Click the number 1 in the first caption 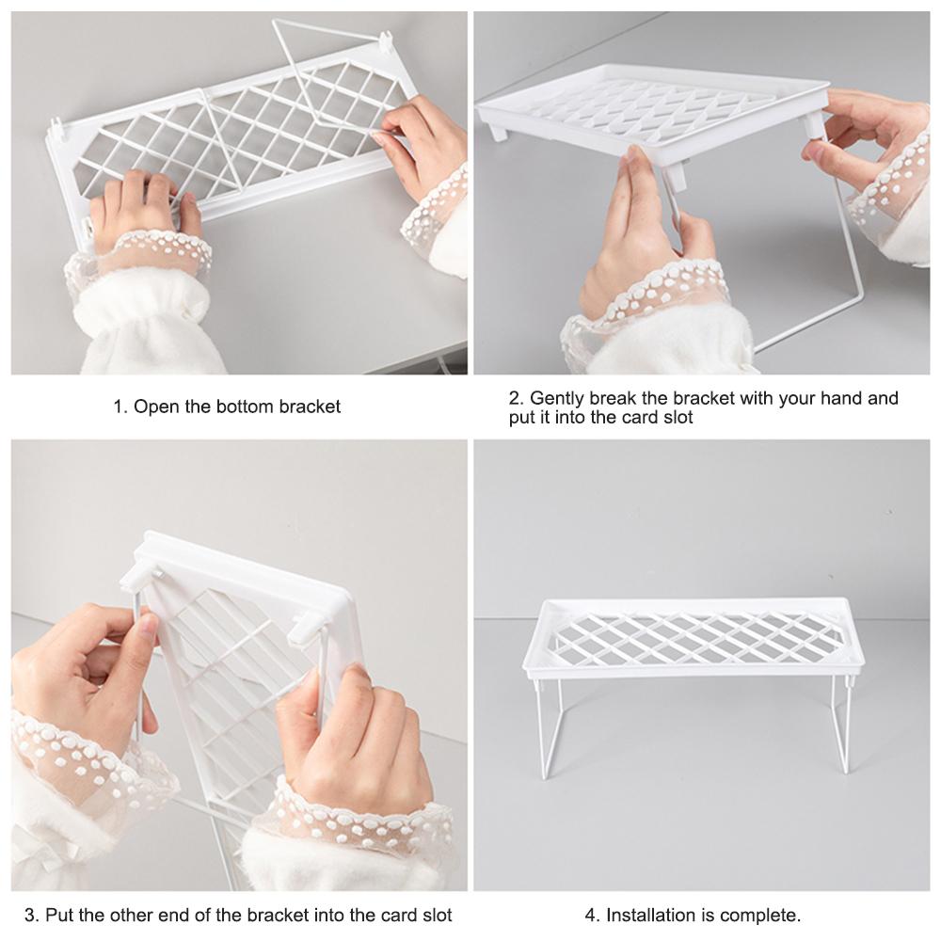(x=119, y=407)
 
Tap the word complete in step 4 (x=763, y=915)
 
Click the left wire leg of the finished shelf (x=545, y=725)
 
